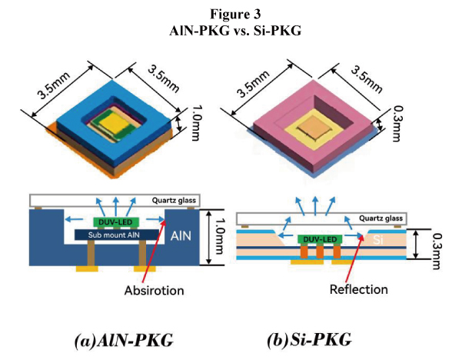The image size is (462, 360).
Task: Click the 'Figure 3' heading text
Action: pyautogui.click(x=230, y=12)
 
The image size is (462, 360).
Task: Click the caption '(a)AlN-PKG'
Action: pyautogui.click(x=123, y=338)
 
